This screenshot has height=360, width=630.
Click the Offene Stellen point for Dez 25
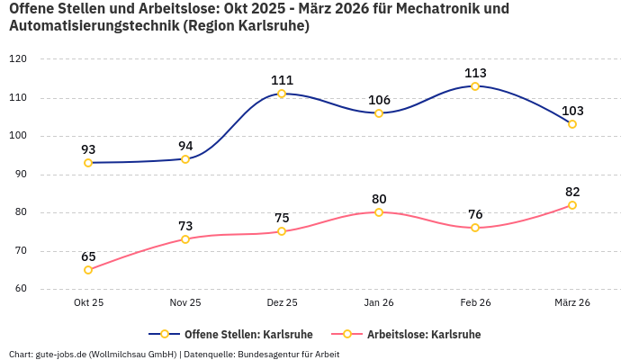pyautogui.click(x=282, y=94)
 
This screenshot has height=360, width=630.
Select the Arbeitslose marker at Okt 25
pyautogui.click(x=88, y=270)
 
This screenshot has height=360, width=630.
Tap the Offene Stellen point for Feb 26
pyautogui.click(x=475, y=86)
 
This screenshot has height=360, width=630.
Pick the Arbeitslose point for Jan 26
pyautogui.click(x=379, y=212)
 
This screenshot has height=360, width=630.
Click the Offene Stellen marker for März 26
pyautogui.click(x=572, y=124)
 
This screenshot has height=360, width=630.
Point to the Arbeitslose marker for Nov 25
pyautogui.click(x=185, y=239)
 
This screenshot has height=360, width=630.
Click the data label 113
pyautogui.click(x=475, y=73)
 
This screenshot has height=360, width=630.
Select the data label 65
pyautogui.click(x=88, y=256)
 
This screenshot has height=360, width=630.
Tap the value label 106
pyautogui.click(x=379, y=100)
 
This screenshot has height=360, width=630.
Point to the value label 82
pyautogui.click(x=572, y=192)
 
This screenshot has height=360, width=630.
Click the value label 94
pyautogui.click(x=185, y=146)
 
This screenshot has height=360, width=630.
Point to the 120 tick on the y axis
pyautogui.click(x=18, y=59)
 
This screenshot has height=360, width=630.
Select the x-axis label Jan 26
pyautogui.click(x=379, y=303)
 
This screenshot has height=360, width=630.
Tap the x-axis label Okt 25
pyautogui.click(x=88, y=303)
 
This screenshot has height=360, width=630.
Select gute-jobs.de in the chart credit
pyautogui.click(x=63, y=354)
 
